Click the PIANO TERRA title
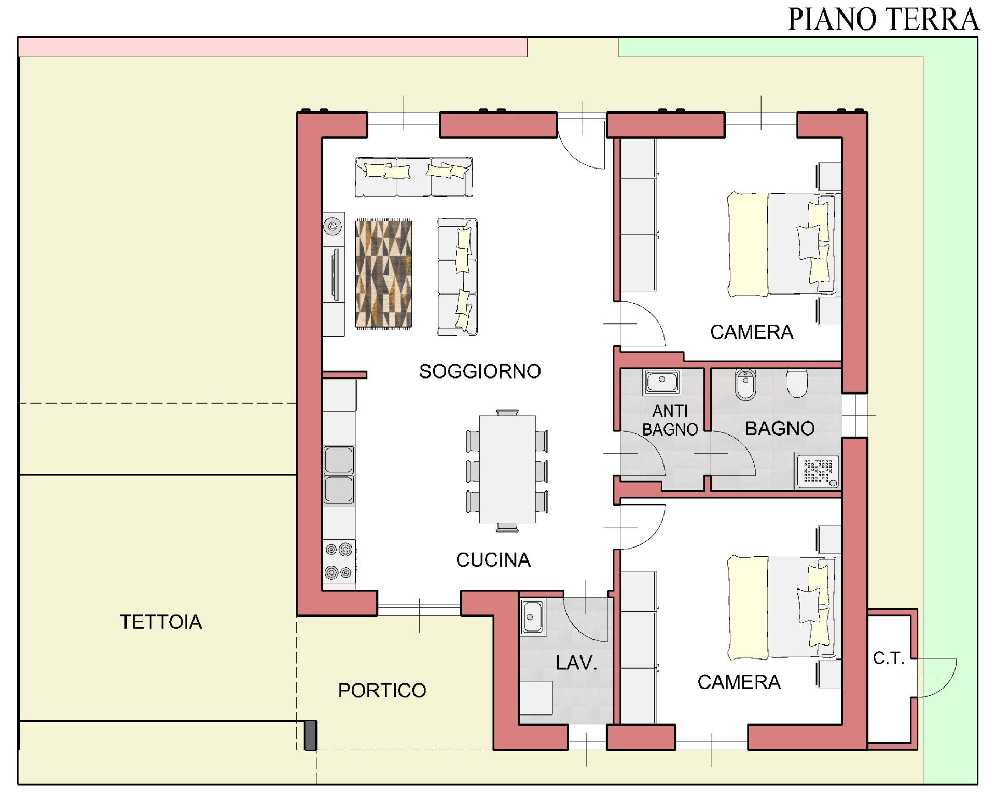coord(883,19)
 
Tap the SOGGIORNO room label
coord(480,371)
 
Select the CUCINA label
coord(493,560)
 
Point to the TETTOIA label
coord(161,622)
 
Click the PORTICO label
coord(382,691)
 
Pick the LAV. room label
coord(576,663)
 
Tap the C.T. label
coord(889,658)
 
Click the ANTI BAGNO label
coord(670,420)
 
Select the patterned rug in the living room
coord(383,274)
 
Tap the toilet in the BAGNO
coord(797,383)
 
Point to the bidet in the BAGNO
coord(746,384)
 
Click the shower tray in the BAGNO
coord(817,471)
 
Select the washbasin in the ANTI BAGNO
coord(662,382)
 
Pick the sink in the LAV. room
coord(533,618)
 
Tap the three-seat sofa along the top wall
coord(414,177)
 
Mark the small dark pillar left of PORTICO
coord(310,735)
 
